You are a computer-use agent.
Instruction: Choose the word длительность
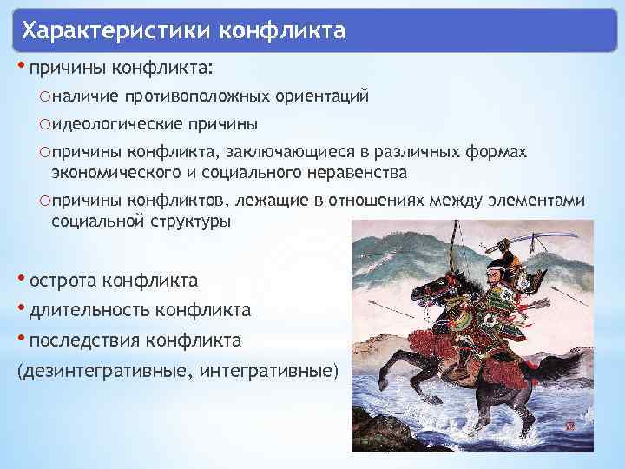pyautogui.click(x=89, y=309)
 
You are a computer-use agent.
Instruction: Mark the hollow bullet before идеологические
pyautogui.click(x=44, y=124)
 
